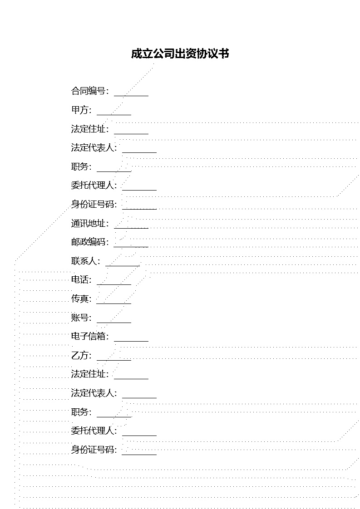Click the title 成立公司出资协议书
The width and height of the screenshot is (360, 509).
point(180,54)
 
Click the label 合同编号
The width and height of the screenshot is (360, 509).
point(88,91)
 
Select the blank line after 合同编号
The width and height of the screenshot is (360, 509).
point(131,96)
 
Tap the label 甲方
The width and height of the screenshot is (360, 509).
point(79,110)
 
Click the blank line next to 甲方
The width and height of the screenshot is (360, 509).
point(114,115)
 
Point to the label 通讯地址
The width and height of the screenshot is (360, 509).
point(88,223)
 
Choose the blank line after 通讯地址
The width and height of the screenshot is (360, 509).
point(131,228)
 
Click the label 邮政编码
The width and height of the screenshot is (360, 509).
point(88,242)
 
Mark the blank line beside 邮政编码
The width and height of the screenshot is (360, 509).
point(131,247)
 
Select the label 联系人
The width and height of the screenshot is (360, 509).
point(84,261)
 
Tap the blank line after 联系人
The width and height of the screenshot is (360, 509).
point(123,265)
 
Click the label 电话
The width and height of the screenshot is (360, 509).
point(79,280)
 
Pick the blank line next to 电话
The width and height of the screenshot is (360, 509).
point(114,284)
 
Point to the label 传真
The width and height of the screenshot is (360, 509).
point(79,299)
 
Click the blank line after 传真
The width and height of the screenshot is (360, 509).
point(114,303)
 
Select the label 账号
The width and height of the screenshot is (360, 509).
point(79,318)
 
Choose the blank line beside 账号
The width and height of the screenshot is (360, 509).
point(114,323)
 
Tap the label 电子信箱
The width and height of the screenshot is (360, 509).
point(88,336)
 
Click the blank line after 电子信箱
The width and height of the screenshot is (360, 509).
point(131,341)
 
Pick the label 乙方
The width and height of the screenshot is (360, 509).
point(79,356)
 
